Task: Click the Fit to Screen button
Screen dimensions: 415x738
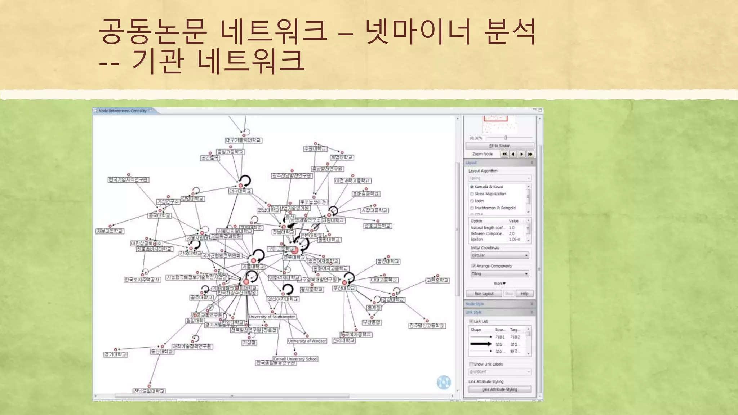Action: point(499,146)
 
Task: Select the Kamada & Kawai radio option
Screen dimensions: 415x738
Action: point(472,187)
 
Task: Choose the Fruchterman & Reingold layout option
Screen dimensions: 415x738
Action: point(472,208)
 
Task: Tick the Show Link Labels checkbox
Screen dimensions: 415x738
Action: point(471,364)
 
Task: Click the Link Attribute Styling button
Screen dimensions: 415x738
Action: point(499,389)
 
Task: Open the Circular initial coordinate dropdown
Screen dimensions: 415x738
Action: point(499,255)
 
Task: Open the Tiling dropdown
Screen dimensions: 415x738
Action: point(499,274)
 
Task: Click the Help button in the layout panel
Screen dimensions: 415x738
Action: point(524,294)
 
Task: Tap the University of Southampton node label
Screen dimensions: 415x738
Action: point(272,317)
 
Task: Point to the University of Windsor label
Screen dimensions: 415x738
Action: point(307,341)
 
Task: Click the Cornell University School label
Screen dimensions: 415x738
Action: point(295,359)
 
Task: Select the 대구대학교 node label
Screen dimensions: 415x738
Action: point(240,191)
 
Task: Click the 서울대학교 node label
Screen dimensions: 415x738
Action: point(253,267)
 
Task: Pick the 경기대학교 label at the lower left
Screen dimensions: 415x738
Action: point(115,354)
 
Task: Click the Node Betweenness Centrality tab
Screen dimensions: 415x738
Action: point(123,111)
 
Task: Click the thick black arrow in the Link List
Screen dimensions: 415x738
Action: point(481,344)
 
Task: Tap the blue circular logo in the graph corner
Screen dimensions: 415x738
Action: point(444,382)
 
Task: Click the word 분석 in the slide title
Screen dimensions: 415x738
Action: point(510,32)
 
